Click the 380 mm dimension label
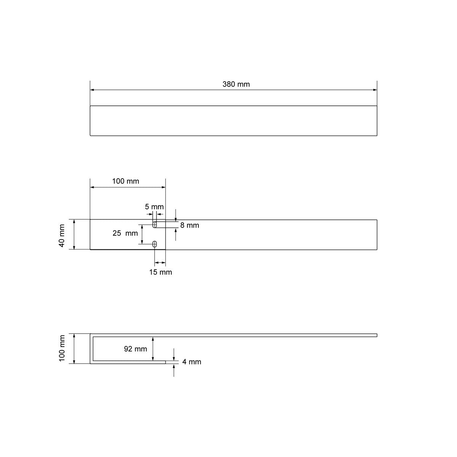tap(236, 84)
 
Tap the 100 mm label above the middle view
tap(125, 181)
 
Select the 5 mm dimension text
tap(154, 207)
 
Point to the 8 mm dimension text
tap(190, 225)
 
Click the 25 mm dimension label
tap(125, 233)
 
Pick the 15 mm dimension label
tap(161, 272)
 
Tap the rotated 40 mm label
tap(62, 236)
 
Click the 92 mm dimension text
tap(136, 349)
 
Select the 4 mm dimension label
tap(192, 362)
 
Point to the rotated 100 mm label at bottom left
tap(62, 348)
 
